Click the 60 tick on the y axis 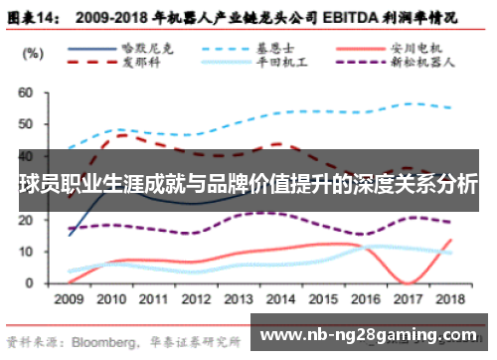(x=26, y=92)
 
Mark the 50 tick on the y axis (x=26, y=124)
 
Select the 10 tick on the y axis (x=26, y=252)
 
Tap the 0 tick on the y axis (x=30, y=283)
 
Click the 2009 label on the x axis (x=69, y=298)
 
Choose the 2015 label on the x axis (x=325, y=298)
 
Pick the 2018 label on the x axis (x=452, y=298)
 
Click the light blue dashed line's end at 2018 (x=453, y=107)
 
